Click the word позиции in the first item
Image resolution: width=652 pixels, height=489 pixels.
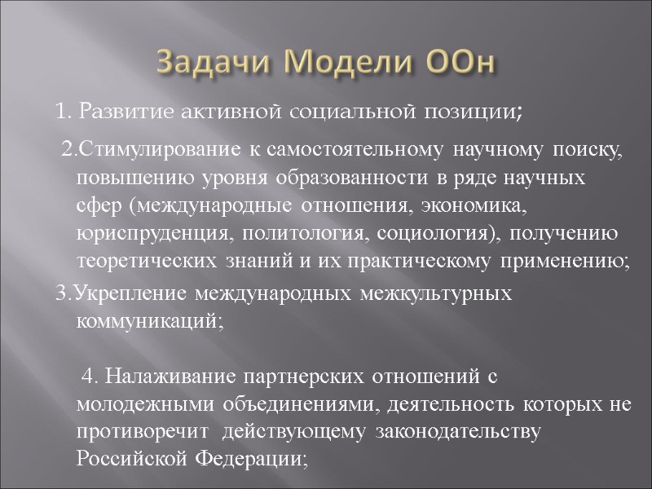pyautogui.click(x=479, y=112)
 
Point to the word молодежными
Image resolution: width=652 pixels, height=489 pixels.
pyautogui.click(x=138, y=405)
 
